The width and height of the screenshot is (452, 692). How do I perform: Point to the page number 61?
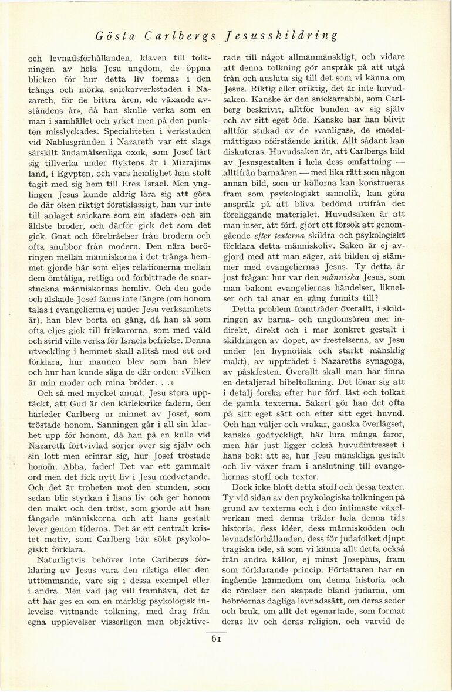point(216,639)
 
